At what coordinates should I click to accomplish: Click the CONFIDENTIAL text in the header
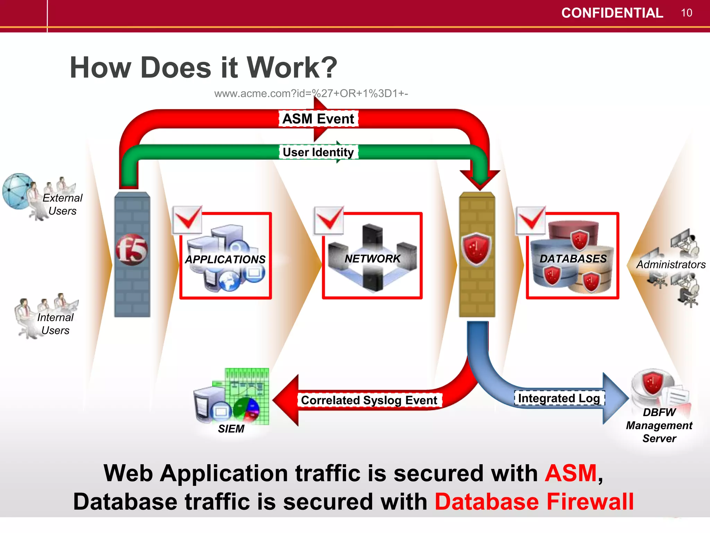point(612,13)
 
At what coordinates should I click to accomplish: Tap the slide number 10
point(686,13)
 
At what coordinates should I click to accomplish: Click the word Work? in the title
point(292,68)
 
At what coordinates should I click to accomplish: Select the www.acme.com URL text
point(311,94)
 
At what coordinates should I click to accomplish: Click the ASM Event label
point(318,119)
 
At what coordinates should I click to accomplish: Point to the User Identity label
point(318,152)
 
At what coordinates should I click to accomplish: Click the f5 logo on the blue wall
point(132,249)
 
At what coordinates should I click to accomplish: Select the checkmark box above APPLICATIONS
point(188,220)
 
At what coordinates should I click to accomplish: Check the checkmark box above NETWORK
point(329,220)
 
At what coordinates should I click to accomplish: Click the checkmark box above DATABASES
point(531,220)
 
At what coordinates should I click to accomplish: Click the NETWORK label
point(372,259)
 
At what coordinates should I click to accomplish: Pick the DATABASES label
point(573,259)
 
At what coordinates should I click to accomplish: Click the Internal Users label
point(55,324)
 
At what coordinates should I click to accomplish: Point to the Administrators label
point(670,264)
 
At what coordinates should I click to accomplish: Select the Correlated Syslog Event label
point(369,400)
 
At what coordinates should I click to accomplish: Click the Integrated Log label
point(559,398)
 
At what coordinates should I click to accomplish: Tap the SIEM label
point(231,429)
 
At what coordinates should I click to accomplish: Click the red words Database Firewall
point(534,502)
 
